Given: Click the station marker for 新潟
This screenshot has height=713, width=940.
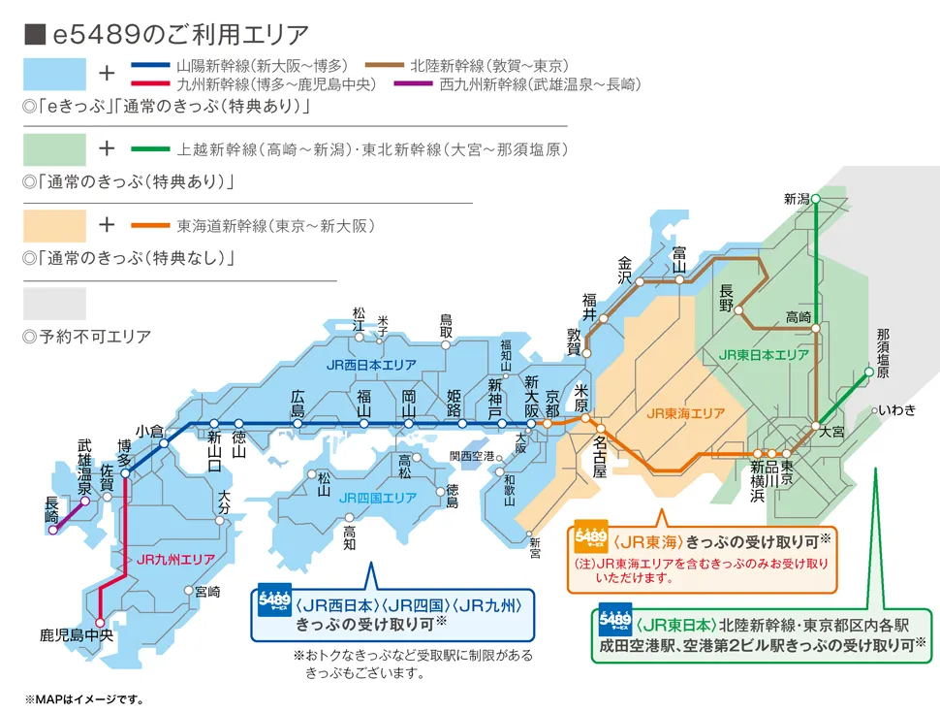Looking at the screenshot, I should pyautogui.click(x=816, y=199).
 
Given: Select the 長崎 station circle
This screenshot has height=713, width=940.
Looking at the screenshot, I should pyautogui.click(x=53, y=530).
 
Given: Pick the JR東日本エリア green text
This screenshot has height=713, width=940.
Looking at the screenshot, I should pyautogui.click(x=764, y=355).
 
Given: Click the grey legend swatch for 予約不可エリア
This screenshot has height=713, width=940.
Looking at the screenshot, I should pyautogui.click(x=54, y=304).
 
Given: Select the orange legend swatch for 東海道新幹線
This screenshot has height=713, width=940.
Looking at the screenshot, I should pyautogui.click(x=54, y=226).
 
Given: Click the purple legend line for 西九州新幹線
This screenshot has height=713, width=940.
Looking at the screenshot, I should pyautogui.click(x=413, y=85).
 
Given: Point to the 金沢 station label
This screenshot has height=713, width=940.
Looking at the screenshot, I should pyautogui.click(x=625, y=269).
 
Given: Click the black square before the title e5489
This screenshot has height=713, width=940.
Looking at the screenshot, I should pyautogui.click(x=34, y=34).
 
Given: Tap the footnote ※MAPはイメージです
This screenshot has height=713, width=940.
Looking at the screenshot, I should pyautogui.click(x=85, y=698).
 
